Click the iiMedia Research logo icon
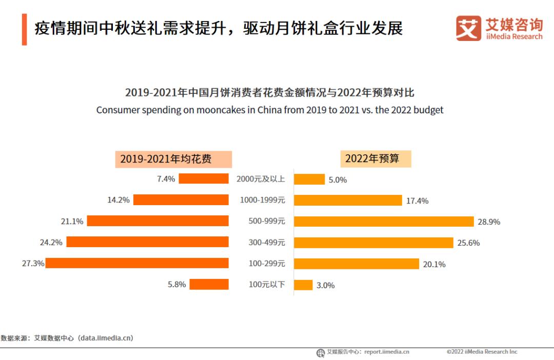(x=468, y=28)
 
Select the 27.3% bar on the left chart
(x=137, y=263)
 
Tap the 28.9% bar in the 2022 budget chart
(x=384, y=222)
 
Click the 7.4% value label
(x=166, y=179)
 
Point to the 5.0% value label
(x=338, y=180)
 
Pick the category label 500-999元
(x=267, y=221)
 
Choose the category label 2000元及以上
(x=261, y=179)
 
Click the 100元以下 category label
(x=267, y=284)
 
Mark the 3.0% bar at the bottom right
(x=303, y=285)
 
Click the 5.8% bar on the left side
(x=209, y=284)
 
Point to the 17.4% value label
(x=417, y=201)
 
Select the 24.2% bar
(x=147, y=242)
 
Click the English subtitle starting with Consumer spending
(x=270, y=110)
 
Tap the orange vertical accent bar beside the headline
(x=24, y=30)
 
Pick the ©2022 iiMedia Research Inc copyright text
(x=482, y=352)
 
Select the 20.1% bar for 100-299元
(x=357, y=264)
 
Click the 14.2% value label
(x=118, y=200)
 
